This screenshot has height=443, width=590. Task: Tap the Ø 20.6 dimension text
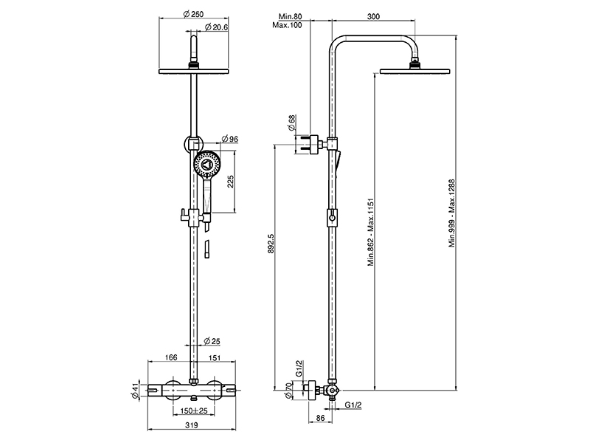(x=215, y=27)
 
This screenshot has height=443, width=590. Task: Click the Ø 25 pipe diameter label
(x=214, y=340)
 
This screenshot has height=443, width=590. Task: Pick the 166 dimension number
(x=172, y=358)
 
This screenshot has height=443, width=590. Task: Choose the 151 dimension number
(x=215, y=358)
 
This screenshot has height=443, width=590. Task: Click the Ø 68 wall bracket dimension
(x=293, y=123)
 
